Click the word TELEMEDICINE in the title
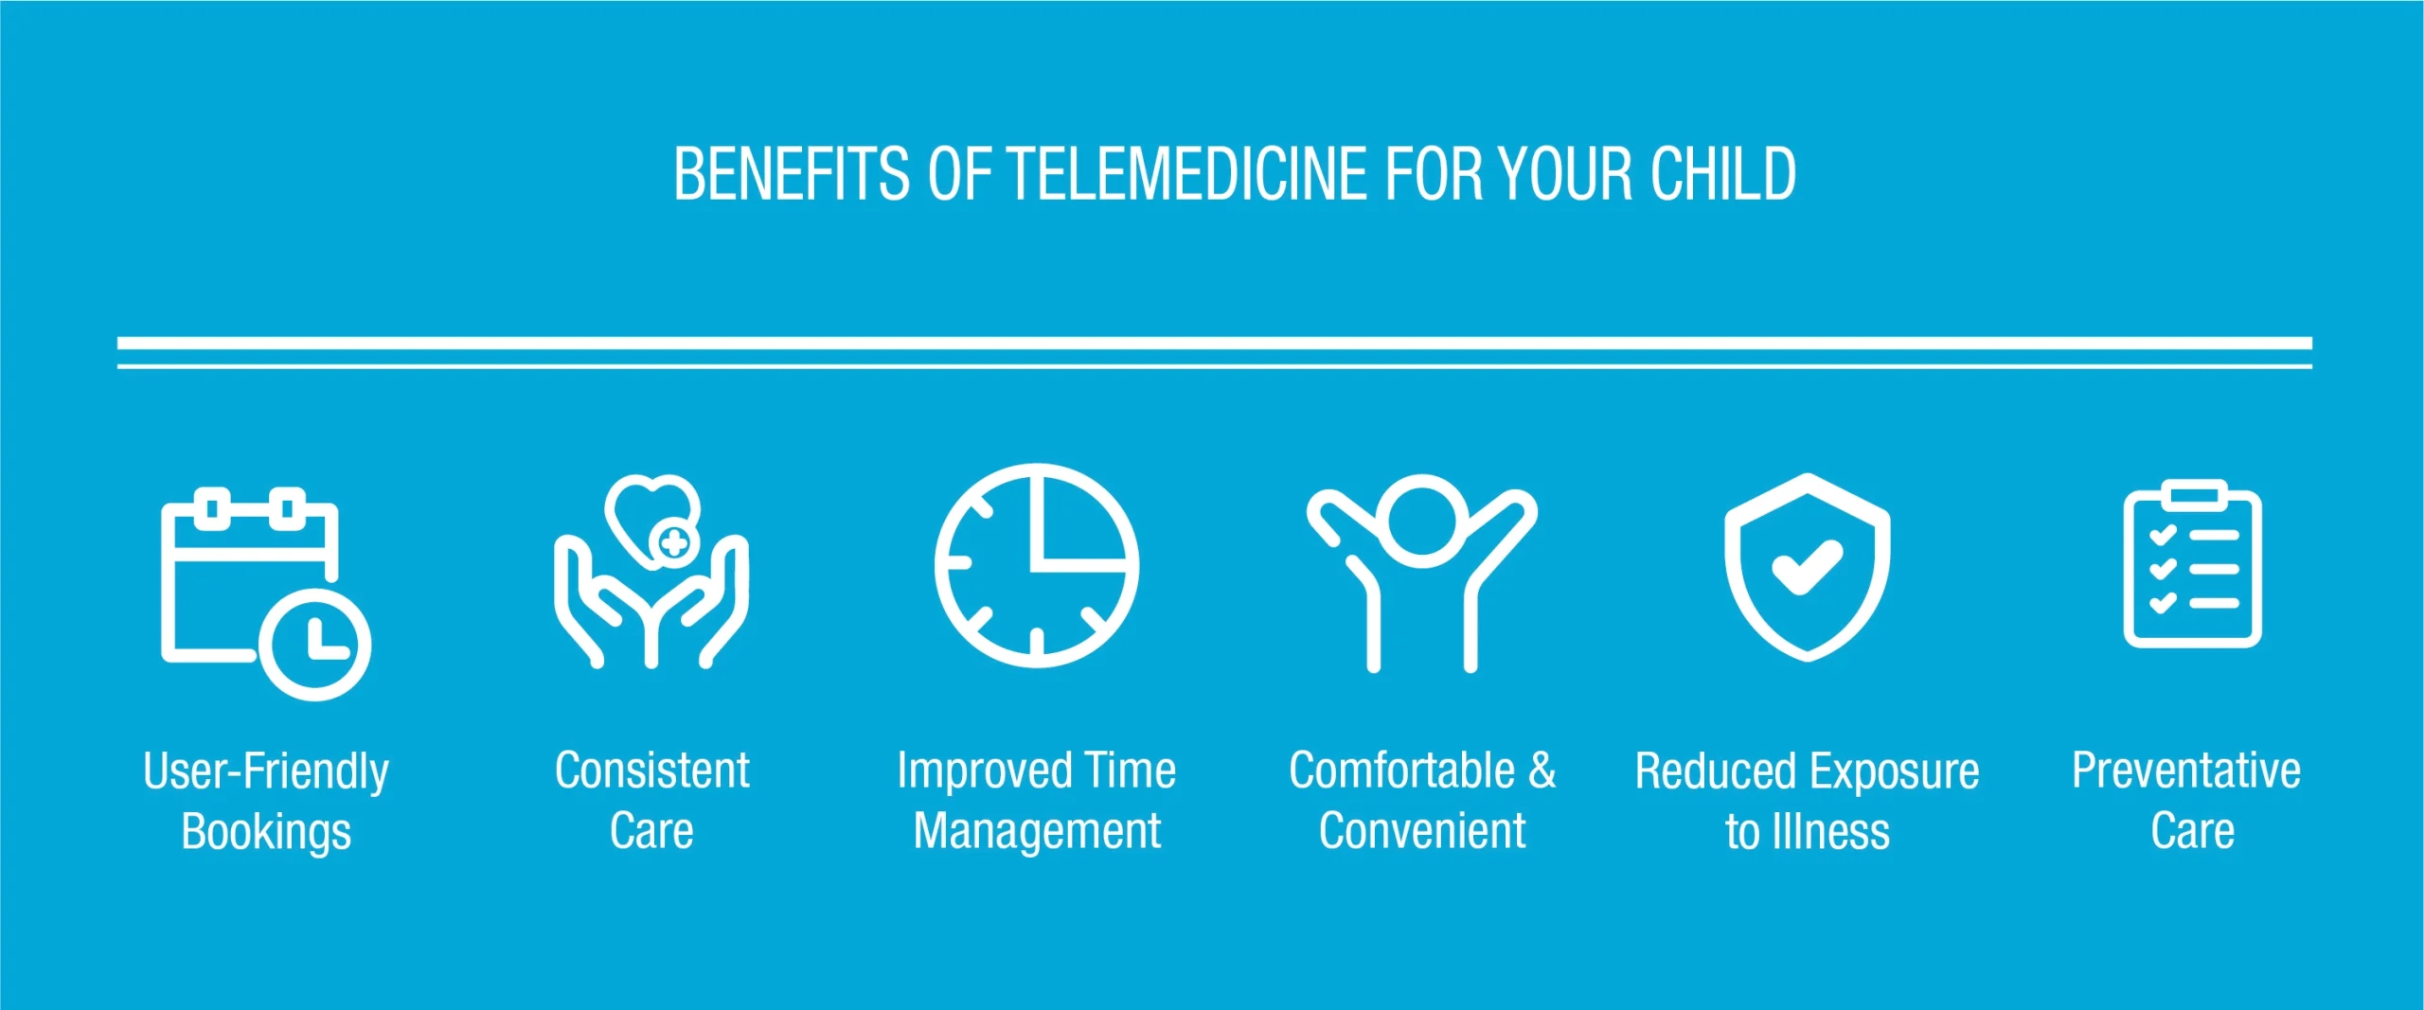[1187, 174]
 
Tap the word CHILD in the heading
[1723, 174]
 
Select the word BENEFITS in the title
[792, 174]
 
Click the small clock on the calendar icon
[315, 645]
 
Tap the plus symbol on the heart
[674, 543]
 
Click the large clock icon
[1037, 565]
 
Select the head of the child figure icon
[1422, 521]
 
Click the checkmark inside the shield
[1807, 566]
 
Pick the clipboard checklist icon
[2193, 564]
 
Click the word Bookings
[266, 832]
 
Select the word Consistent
[652, 771]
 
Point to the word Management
[1037, 832]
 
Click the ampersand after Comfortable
[1542, 771]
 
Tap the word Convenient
[1422, 831]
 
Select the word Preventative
[2186, 771]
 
